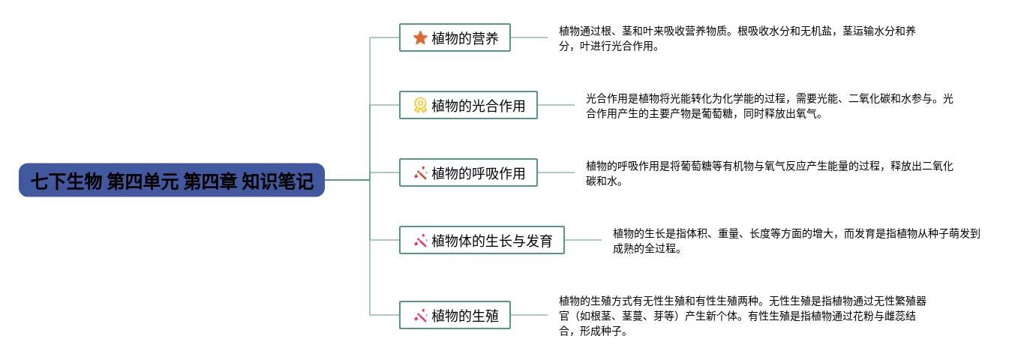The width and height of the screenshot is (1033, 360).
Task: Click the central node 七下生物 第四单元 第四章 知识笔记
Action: coord(171,181)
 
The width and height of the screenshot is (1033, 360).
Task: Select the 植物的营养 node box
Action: coord(455,37)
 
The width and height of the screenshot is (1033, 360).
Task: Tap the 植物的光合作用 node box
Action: coord(468,106)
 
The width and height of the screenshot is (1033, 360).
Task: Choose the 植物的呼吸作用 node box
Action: coord(468,173)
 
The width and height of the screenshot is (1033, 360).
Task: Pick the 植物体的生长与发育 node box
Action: coord(482,241)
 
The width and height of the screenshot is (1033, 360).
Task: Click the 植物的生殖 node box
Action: coord(455,316)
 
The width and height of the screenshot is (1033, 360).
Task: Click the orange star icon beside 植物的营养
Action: coord(420,37)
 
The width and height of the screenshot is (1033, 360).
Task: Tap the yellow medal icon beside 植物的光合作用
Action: coord(420,106)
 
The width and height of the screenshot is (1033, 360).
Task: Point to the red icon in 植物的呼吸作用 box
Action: coord(420,173)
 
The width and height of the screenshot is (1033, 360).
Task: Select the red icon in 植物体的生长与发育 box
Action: coord(420,241)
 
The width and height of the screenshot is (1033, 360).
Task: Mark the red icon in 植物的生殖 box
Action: coord(420,316)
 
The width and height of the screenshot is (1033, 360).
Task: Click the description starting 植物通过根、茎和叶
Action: coord(737,38)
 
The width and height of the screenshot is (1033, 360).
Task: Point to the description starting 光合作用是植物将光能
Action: coord(770,106)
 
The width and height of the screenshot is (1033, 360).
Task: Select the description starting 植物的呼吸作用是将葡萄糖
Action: coord(770,173)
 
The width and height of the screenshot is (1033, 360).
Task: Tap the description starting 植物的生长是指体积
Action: coord(797,241)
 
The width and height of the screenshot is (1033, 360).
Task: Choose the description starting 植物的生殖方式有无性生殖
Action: coord(743,316)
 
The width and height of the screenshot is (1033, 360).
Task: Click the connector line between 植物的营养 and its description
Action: coord(529,37)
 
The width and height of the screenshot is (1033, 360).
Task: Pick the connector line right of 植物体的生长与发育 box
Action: coord(583,240)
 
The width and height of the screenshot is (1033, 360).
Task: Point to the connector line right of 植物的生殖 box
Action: coord(529,315)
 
